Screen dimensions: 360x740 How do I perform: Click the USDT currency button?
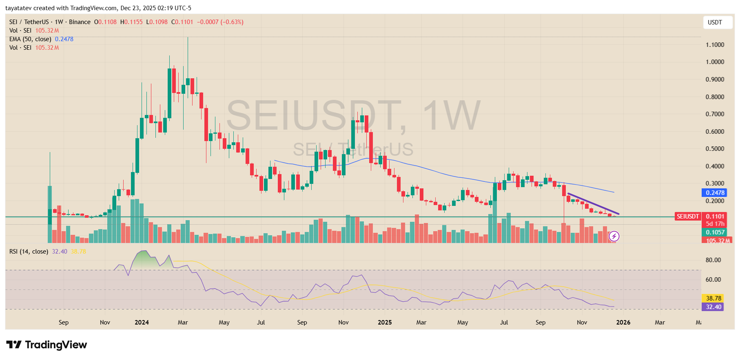pos(714,22)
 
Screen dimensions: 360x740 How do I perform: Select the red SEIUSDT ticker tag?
pos(688,216)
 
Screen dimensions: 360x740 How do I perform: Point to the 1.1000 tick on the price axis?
pos(715,45)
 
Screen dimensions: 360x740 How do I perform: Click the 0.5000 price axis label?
pos(715,149)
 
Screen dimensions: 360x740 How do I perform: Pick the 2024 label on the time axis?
pos(142,322)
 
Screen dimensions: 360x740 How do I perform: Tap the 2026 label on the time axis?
pos(623,322)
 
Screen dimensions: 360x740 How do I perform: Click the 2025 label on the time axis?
pos(384,322)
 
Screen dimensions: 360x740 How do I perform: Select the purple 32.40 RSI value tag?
pos(713,307)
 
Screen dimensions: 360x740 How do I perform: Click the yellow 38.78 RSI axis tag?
pos(713,298)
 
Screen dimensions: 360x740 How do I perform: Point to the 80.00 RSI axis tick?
pos(713,260)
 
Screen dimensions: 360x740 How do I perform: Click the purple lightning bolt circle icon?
pos(614,236)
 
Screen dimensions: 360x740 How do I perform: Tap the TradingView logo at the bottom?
pos(47,345)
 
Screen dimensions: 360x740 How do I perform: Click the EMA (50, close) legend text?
pos(30,39)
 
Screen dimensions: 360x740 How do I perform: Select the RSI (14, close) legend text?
pos(29,252)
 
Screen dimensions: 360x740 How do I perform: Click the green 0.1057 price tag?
pos(715,232)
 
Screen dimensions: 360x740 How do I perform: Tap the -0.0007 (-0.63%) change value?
pos(220,22)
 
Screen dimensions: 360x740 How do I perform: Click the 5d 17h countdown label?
pos(715,224)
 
